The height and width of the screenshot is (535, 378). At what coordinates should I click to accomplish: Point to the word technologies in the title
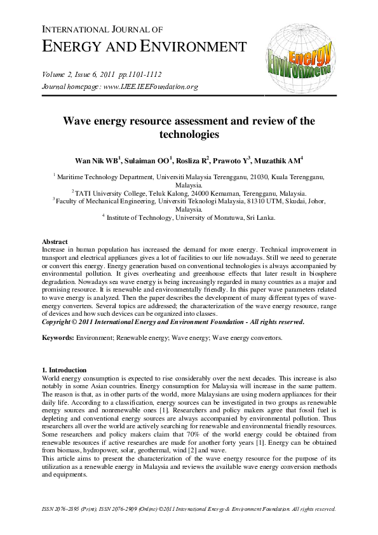[189, 135]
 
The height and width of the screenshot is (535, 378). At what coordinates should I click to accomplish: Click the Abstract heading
[55, 242]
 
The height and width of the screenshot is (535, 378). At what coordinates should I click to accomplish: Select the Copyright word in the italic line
[58, 322]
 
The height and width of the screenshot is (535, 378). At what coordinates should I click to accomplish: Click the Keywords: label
[57, 337]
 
